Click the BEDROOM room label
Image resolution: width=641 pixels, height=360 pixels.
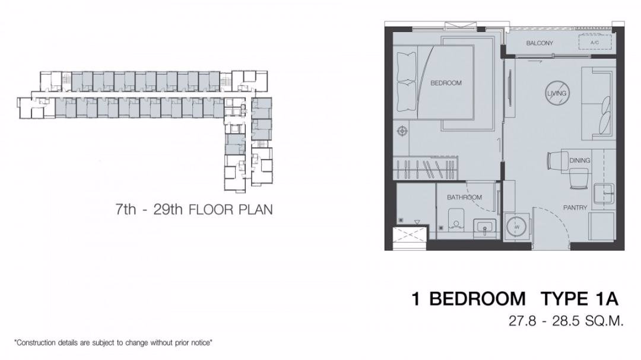tap(446, 83)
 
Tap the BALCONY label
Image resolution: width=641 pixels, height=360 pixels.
tap(540, 43)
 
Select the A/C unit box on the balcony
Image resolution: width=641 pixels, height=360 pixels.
tap(595, 43)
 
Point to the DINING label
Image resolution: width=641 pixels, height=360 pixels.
tap(579, 161)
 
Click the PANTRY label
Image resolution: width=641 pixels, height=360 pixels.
tap(575, 208)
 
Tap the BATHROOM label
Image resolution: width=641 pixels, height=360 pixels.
tap(464, 197)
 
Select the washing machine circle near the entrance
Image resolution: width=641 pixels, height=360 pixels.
tap(516, 227)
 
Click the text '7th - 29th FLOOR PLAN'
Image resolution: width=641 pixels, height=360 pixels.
tap(194, 209)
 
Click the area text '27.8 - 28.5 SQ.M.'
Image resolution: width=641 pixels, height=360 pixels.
tap(565, 321)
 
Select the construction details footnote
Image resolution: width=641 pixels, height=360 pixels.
tap(113, 343)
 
